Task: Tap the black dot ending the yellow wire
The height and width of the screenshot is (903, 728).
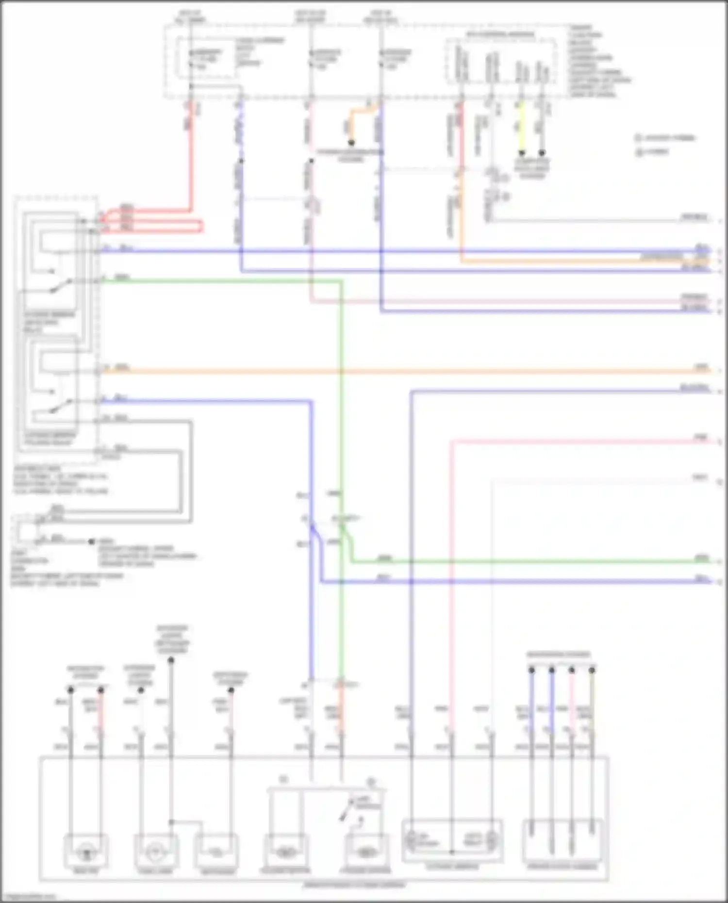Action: (x=522, y=152)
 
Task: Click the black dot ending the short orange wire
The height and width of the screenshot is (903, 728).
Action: (x=351, y=143)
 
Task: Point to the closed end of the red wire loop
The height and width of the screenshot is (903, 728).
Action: (x=201, y=226)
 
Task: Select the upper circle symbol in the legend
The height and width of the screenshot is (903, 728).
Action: (x=638, y=138)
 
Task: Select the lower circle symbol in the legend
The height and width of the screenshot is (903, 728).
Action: (x=638, y=152)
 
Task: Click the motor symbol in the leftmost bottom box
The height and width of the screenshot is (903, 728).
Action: (x=86, y=851)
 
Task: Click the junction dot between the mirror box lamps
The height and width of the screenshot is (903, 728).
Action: (x=451, y=852)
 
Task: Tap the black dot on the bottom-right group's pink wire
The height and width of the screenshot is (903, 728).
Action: (x=572, y=670)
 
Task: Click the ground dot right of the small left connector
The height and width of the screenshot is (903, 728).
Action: (x=91, y=541)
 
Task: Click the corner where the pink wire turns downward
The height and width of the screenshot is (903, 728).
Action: (x=452, y=441)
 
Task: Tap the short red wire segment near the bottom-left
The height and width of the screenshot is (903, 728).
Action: (x=101, y=713)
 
